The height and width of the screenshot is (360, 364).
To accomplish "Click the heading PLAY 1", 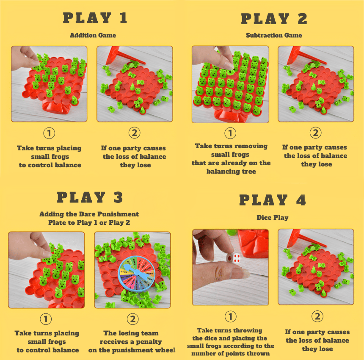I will [x=95, y=19].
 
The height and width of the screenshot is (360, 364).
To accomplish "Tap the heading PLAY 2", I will [x=274, y=19].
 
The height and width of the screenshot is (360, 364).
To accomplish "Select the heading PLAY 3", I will [x=90, y=198].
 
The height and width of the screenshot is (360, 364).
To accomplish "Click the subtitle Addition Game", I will [x=93, y=35].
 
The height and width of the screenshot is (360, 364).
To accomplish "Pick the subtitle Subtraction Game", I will [x=274, y=36].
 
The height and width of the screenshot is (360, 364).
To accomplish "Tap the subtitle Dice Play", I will [x=272, y=218].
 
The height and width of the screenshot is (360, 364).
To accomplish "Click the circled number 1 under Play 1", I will [x=50, y=133].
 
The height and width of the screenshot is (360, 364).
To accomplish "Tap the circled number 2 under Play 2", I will [x=315, y=133].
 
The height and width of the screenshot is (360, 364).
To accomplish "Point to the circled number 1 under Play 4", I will [x=230, y=316].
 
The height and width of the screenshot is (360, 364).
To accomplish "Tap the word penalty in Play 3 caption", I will [x=147, y=342].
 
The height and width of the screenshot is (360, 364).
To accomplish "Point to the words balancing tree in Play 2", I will [x=231, y=171].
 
